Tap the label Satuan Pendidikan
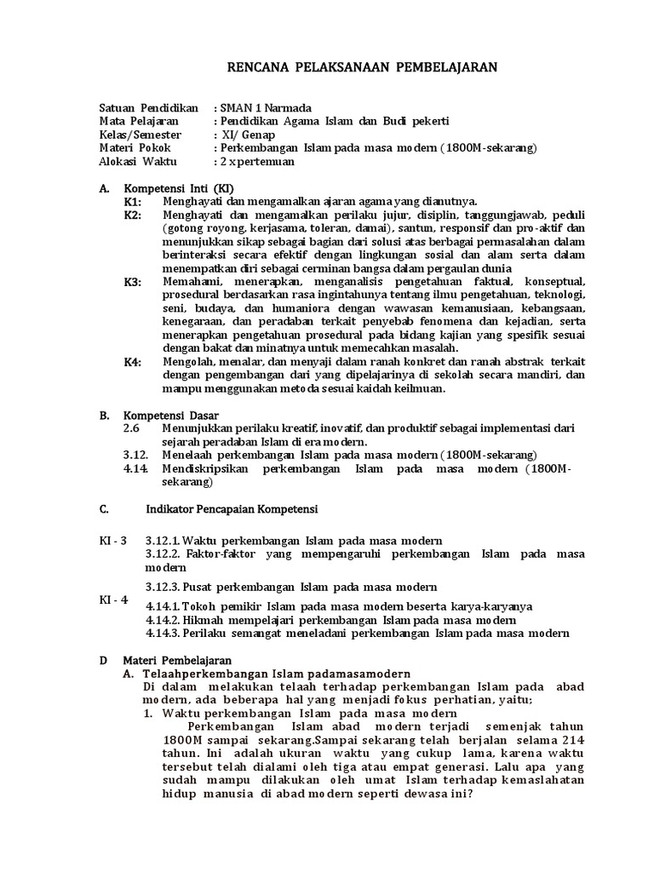[x=148, y=108]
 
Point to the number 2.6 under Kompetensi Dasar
[x=131, y=429]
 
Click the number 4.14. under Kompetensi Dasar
[x=136, y=468]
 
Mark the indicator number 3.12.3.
[x=168, y=587]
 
